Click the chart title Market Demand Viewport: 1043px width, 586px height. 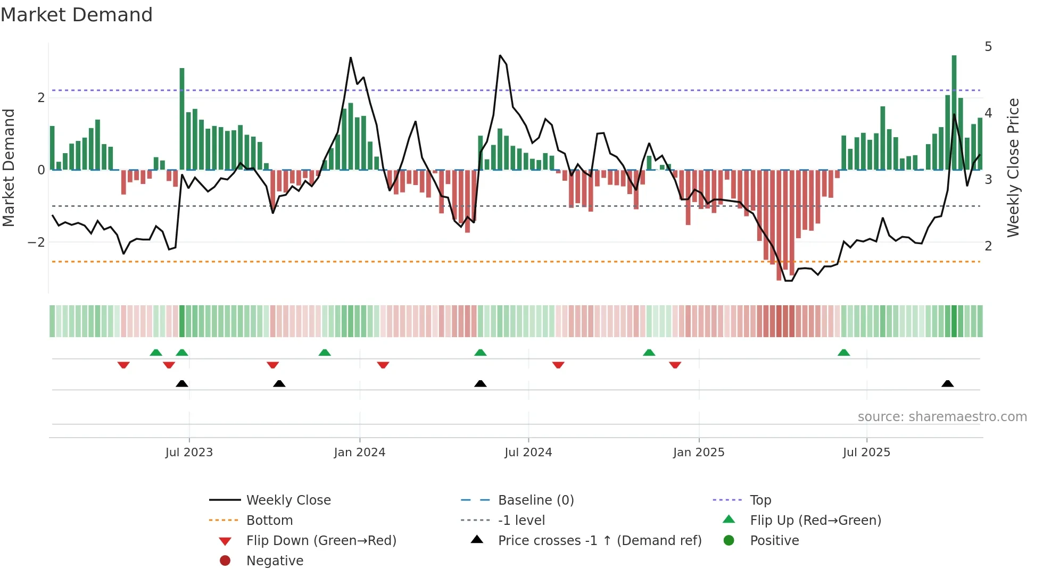tap(77, 15)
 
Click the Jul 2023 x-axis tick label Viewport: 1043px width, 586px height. tap(189, 453)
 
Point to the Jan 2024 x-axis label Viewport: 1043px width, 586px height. tap(359, 453)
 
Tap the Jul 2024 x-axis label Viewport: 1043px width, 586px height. tap(528, 453)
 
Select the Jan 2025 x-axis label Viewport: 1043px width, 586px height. tap(698, 453)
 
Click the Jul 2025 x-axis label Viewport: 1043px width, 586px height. tap(866, 453)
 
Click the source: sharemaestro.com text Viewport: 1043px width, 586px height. tap(942, 417)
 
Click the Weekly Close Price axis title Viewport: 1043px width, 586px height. tap(1013, 168)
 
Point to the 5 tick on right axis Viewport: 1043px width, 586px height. tap(988, 47)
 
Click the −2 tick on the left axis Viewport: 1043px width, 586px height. tap(37, 242)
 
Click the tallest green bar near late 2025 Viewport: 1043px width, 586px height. tap(954, 112)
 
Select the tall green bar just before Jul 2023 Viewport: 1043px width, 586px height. tap(182, 120)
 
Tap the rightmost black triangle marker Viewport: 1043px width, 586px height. tap(947, 384)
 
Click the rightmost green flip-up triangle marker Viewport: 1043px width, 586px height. tap(843, 353)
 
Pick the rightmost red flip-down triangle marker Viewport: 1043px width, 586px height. tap(675, 365)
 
